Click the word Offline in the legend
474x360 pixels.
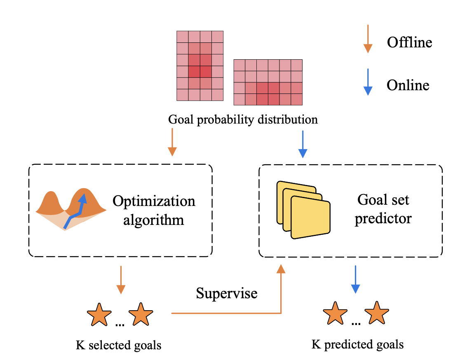[x=409, y=42]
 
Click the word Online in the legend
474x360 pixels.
[x=408, y=85]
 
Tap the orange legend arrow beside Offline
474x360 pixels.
[x=368, y=39]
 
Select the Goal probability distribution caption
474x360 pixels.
[x=243, y=120]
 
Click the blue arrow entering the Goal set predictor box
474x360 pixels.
[x=303, y=144]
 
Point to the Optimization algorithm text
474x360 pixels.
[x=154, y=210]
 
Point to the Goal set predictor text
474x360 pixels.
[x=383, y=209]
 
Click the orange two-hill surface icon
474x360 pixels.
[x=70, y=208]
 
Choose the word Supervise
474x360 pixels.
[x=227, y=293]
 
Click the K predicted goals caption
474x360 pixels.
[x=357, y=344]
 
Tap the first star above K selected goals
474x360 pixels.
[x=99, y=315]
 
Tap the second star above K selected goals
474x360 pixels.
[x=141, y=315]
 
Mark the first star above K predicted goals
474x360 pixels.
[x=335, y=313]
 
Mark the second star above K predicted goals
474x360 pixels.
[x=377, y=313]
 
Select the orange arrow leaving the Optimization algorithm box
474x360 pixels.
[x=121, y=280]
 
